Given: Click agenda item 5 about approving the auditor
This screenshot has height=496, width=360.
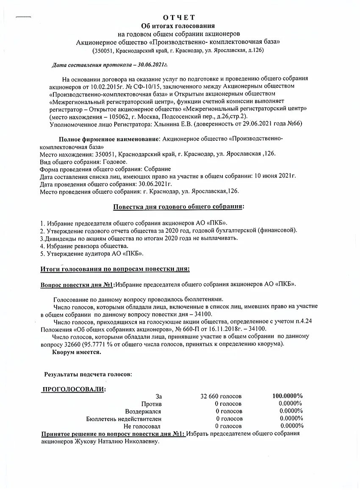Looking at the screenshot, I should click(x=92, y=254).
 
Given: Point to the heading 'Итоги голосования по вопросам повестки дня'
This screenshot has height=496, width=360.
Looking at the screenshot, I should click(x=115, y=269).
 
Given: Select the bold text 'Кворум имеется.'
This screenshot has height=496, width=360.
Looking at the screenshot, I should click(x=77, y=352).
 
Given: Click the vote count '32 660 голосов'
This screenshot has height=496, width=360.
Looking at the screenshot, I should click(x=221, y=396).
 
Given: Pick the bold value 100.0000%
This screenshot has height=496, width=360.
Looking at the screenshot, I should click(x=287, y=396).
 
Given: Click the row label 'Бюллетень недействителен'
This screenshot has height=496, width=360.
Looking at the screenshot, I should click(x=124, y=419).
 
